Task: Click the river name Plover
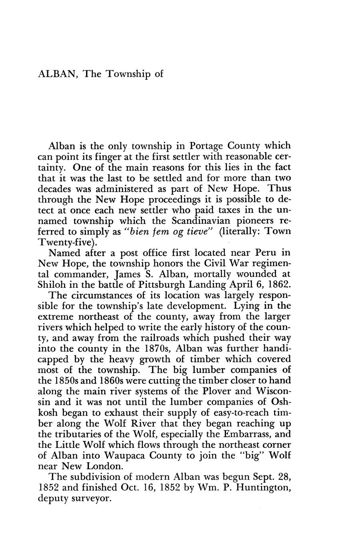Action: (222, 391)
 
